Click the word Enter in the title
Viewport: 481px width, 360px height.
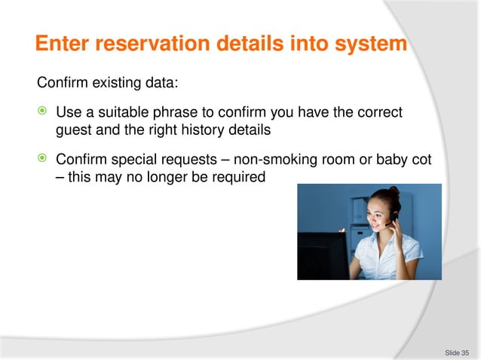tap(61, 44)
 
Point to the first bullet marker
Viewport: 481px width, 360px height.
tap(44, 112)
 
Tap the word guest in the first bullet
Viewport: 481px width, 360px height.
tap(72, 130)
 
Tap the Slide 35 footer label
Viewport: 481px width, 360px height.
tap(457, 352)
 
